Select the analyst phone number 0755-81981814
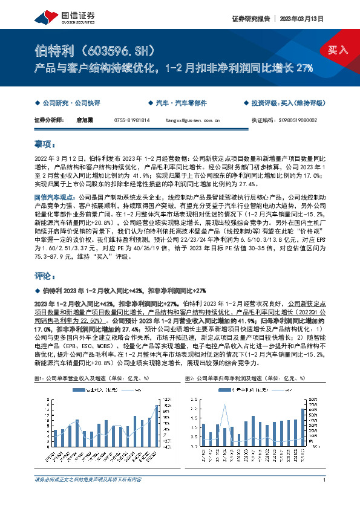pyautogui.click(x=131, y=120)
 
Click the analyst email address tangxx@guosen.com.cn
pyautogui.click(x=193, y=120)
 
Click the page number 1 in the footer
pyautogui.click(x=325, y=480)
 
